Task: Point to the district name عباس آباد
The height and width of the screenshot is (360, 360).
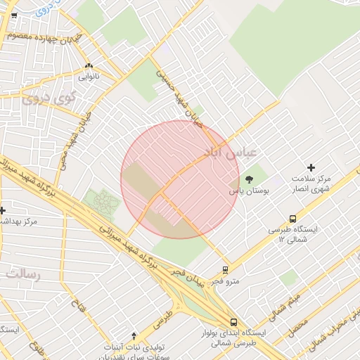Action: point(232,152)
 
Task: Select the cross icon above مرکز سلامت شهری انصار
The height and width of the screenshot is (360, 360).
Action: point(311,167)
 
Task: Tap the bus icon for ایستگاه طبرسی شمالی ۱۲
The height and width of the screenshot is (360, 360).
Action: point(292,219)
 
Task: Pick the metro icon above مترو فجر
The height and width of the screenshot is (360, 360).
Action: point(225,269)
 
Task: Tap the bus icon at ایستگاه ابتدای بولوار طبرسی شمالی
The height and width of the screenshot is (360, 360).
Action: point(233,322)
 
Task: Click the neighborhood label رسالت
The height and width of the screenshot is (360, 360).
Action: point(22,272)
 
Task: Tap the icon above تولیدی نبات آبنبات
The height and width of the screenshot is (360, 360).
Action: point(134,335)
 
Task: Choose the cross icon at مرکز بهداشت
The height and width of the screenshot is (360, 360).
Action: point(2,210)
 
